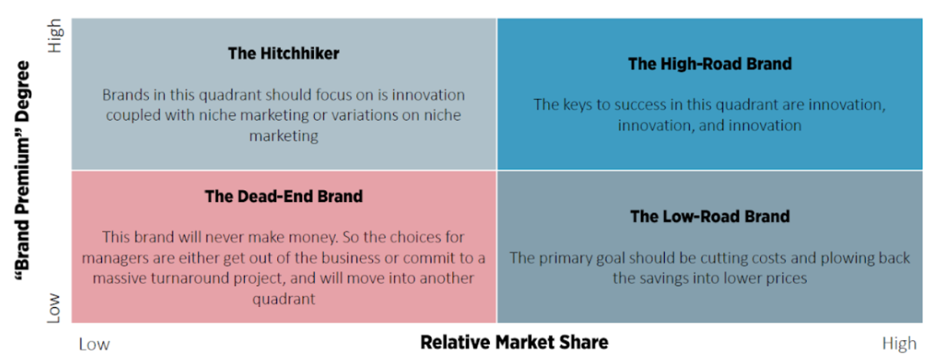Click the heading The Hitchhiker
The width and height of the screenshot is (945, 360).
pos(283,54)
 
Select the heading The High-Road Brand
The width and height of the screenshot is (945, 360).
pos(710,64)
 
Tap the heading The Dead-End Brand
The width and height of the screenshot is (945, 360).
pos(283,197)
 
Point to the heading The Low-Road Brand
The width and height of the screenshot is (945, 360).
pos(710,216)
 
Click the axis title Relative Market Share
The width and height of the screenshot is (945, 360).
pos(514,342)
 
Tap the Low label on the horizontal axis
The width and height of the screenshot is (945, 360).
pos(94,345)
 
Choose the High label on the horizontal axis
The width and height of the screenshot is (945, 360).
pos(900,344)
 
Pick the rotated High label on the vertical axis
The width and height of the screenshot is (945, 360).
pos(55,36)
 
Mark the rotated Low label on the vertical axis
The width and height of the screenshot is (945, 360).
pos(54,308)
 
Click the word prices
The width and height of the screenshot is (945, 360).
pos(788,279)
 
